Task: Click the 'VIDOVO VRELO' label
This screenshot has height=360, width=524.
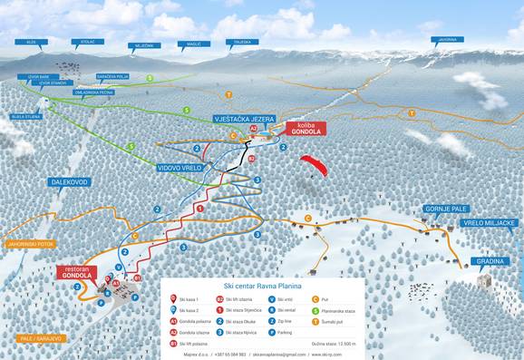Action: click(181, 168)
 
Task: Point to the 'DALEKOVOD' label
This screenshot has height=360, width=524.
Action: click(71, 182)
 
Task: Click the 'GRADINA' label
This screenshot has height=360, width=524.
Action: click(490, 262)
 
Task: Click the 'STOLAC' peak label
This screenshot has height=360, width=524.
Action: click(88, 41)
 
